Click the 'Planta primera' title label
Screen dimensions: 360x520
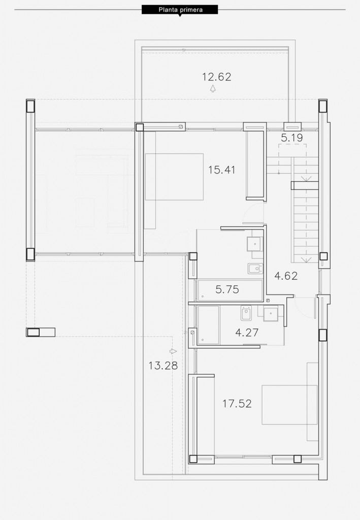[x=180, y=10]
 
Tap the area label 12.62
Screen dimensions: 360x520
[x=217, y=77]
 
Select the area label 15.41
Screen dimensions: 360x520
[x=222, y=170]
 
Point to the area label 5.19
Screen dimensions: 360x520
[x=292, y=138]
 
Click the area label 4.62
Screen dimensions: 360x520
[x=286, y=276]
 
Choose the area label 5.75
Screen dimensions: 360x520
[x=227, y=289]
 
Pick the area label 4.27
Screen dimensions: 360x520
[x=247, y=332]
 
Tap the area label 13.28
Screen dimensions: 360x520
[x=163, y=366]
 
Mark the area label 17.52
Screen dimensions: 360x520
[x=237, y=404]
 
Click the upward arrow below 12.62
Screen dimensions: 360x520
[x=213, y=88]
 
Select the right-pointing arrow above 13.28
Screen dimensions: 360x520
[x=173, y=351]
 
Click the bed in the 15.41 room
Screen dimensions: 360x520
[x=174, y=177]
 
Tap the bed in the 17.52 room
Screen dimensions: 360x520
[x=289, y=405]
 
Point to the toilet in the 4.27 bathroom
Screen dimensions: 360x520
[x=246, y=313]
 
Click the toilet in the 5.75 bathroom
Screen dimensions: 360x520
[x=255, y=268]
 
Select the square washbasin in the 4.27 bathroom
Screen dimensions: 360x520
[x=271, y=313]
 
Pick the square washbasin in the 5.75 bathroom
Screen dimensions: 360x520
[x=254, y=244]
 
